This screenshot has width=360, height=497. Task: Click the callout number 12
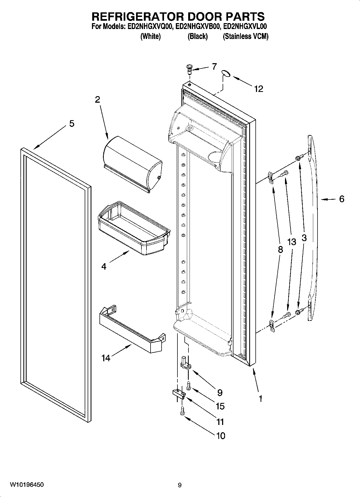click(x=259, y=89)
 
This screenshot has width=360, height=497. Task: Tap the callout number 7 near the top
click(x=214, y=66)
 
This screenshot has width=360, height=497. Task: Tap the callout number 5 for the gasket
click(x=72, y=124)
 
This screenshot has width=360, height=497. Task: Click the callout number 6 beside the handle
click(x=341, y=199)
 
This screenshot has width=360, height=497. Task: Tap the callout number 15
click(x=220, y=406)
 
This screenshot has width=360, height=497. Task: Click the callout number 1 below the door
click(x=260, y=398)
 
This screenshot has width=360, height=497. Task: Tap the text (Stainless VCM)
click(x=245, y=37)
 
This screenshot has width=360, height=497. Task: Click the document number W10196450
click(x=27, y=485)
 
